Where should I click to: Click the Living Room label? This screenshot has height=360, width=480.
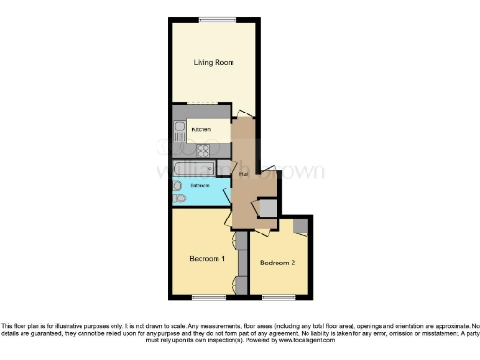[214, 63]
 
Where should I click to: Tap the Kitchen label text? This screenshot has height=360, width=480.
[200, 128]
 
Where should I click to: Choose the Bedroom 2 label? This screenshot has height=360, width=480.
[277, 263]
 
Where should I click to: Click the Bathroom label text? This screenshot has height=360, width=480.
[201, 186]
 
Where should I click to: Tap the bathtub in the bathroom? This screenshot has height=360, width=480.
[199, 168]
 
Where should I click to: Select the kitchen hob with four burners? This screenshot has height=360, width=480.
[202, 149]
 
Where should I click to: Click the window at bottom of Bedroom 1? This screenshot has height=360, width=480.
[206, 297]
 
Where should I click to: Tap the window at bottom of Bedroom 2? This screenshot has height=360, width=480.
[277, 297]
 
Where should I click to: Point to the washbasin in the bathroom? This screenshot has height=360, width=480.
[177, 185]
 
